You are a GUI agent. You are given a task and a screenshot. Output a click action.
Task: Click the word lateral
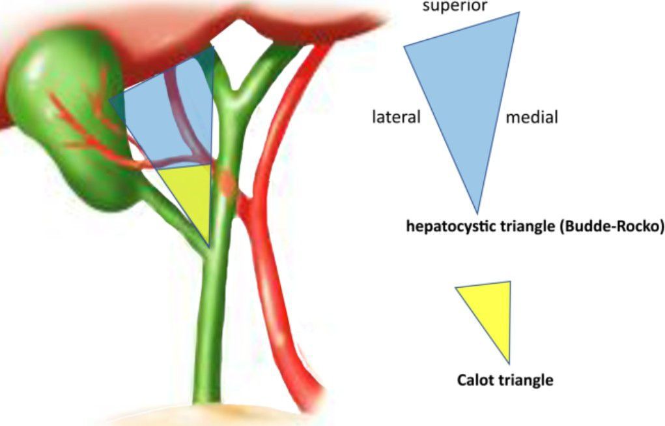point(397,118)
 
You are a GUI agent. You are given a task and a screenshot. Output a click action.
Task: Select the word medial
point(532,118)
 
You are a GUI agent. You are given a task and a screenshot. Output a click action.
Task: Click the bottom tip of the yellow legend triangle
point(509,361)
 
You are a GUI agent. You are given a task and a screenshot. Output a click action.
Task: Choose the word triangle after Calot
point(527,380)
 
